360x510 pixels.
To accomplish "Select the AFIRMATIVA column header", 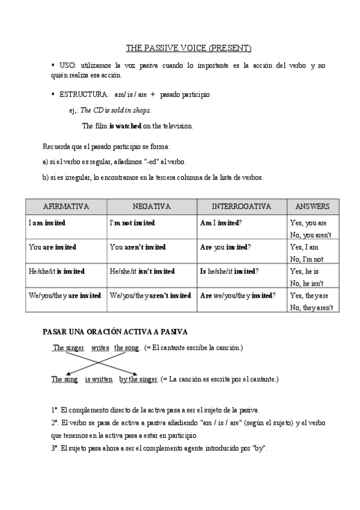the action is tap(66, 206).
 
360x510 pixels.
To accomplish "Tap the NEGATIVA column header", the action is tap(151, 206).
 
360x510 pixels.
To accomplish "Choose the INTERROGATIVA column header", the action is tap(242, 206).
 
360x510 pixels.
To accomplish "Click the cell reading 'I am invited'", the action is tap(47, 223).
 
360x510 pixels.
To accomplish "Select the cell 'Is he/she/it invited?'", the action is tap(229, 271).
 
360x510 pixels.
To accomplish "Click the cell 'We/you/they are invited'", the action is tap(65, 295).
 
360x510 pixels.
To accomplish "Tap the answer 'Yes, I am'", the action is tap(304, 247).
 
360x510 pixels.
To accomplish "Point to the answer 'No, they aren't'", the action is tap(311, 307).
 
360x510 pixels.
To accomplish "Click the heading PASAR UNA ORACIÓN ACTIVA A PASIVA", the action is tap(115, 331).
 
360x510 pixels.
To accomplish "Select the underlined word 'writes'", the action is tap(100, 348).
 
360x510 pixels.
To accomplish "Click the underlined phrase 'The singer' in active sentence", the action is tap(69, 348).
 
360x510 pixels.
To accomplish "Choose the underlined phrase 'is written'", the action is tap(98, 379).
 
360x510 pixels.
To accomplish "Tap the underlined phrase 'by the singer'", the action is tap(138, 379).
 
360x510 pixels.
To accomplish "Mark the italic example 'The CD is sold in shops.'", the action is tap(115, 111).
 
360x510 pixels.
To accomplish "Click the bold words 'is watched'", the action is tap(125, 126).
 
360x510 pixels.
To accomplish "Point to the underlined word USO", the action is tap(67, 65).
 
